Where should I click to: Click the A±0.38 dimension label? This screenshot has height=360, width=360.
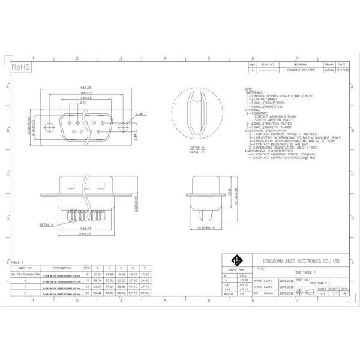tap(89, 88)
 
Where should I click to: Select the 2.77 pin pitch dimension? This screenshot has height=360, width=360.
tap(83, 103)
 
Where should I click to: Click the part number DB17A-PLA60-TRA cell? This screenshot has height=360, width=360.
tap(25, 274)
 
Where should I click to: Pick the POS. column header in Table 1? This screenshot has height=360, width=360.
tap(87, 268)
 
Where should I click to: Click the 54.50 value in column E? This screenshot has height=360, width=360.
tap(145, 292)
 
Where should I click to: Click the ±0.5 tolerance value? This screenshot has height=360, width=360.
tap(244, 274)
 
